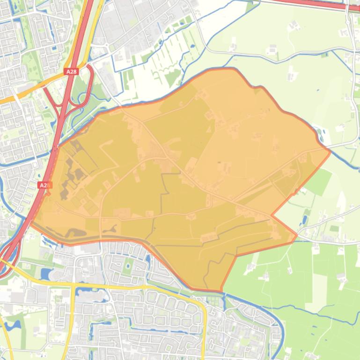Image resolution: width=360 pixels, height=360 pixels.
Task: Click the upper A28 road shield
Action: (70, 72)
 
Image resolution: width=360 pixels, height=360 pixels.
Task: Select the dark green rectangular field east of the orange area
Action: (319, 182)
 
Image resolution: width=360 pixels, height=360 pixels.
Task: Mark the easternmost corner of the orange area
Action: (331, 151)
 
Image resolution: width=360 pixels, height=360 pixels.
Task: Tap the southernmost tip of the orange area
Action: (220, 290)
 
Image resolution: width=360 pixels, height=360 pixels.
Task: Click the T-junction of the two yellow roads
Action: (73, 283)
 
